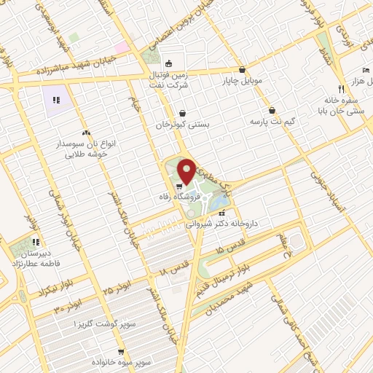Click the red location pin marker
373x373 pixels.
click(x=186, y=172)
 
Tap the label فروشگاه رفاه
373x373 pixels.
click(x=175, y=196)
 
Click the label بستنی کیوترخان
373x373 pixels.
click(x=182, y=125)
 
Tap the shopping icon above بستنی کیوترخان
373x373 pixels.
click(x=182, y=114)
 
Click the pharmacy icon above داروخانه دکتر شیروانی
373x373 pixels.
click(x=212, y=213)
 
